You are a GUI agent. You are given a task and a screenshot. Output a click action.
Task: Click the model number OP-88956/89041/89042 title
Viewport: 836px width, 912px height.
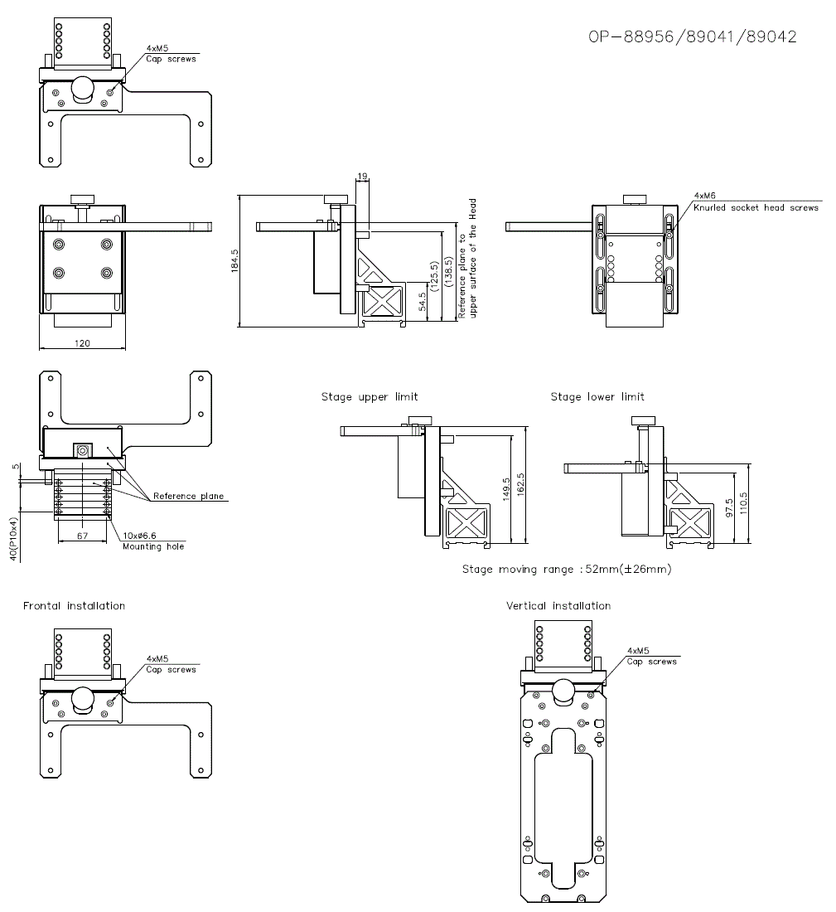693,37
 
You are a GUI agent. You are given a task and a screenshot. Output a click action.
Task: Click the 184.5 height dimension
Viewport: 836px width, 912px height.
234,261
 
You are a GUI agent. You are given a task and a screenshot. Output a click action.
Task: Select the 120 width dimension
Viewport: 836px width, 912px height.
81,342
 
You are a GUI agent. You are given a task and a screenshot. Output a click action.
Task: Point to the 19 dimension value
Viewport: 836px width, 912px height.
361,177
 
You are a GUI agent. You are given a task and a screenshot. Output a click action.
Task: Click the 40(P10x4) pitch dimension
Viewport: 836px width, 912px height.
13,539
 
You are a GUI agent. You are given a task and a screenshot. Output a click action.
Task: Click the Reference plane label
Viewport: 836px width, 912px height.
188,497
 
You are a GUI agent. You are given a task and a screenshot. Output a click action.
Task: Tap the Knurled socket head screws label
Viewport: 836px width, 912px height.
756,207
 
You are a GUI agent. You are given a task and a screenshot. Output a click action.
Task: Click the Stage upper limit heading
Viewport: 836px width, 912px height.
370,397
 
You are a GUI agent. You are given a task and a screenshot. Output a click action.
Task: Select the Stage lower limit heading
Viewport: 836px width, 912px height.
597,397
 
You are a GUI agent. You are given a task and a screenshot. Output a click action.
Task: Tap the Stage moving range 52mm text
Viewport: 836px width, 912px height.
567,570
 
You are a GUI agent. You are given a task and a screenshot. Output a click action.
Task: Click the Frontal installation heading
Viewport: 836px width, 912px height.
74,606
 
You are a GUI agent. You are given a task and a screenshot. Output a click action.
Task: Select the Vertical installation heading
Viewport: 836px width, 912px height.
558,606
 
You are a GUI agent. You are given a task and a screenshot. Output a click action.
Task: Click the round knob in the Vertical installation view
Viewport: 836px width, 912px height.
563,689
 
